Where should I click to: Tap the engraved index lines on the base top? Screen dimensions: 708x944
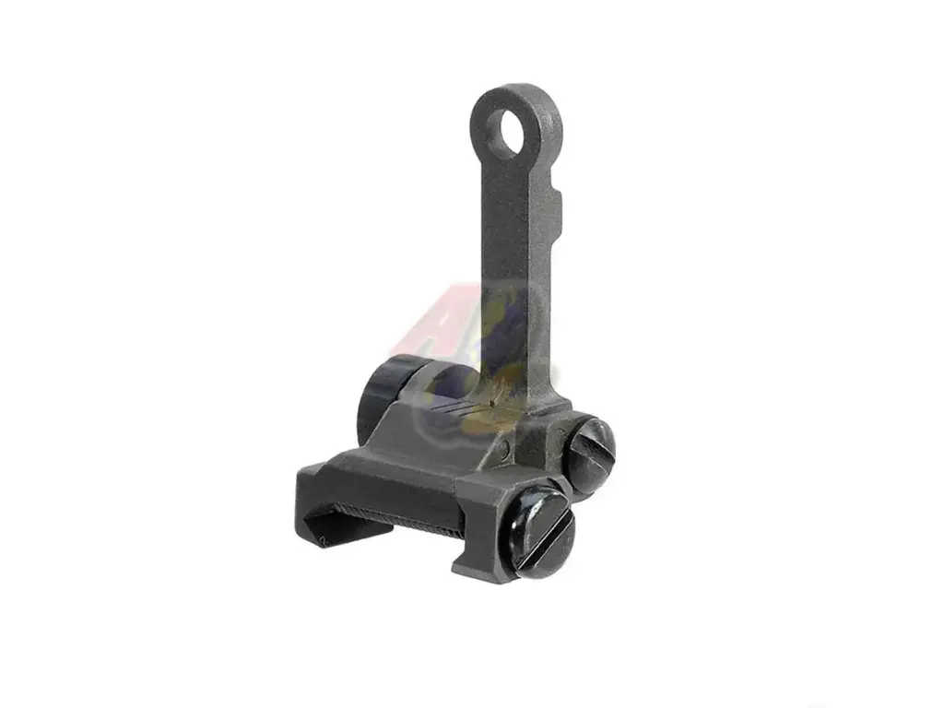pos(456,406)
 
